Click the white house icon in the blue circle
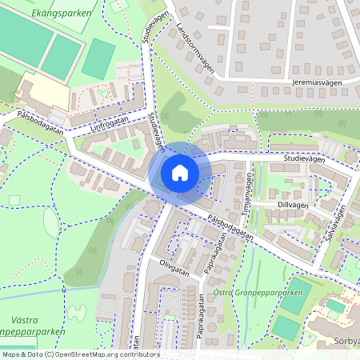(180, 172)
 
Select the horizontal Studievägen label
(303, 159)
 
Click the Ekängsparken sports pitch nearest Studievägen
(98, 58)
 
